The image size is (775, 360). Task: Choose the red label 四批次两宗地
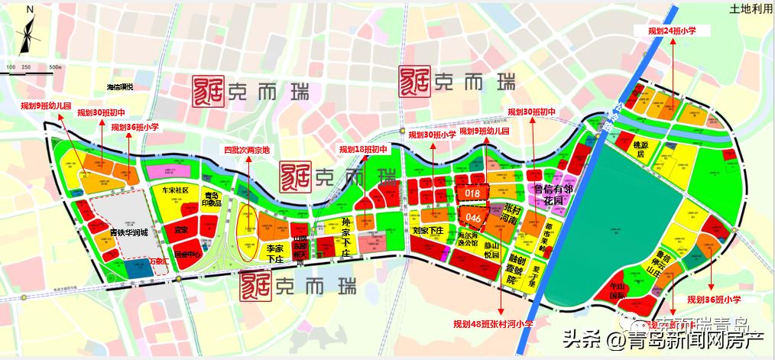[x=244, y=150]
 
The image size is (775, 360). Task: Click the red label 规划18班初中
[x=364, y=150]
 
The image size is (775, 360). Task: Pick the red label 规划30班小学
[x=433, y=135]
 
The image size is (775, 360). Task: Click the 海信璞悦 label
[x=119, y=87]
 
